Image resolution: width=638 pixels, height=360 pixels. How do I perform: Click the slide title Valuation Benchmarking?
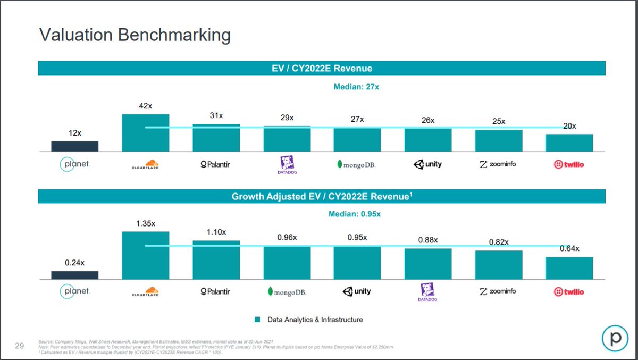pyautogui.click(x=135, y=35)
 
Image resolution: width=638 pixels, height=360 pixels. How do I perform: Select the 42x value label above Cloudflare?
pyautogui.click(x=146, y=106)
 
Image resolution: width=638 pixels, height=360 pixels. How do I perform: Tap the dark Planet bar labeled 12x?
pyautogui.click(x=75, y=146)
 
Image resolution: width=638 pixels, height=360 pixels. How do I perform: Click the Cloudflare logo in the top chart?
pyautogui.click(x=146, y=164)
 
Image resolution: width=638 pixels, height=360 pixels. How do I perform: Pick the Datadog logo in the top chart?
pyautogui.click(x=287, y=164)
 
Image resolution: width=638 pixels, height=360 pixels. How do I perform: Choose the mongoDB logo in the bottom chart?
pyautogui.click(x=287, y=291)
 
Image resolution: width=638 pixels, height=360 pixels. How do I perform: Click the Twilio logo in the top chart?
pyautogui.click(x=569, y=164)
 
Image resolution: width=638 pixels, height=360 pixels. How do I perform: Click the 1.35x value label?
pyautogui.click(x=146, y=223)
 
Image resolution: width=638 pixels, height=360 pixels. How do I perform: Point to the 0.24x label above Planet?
pyautogui.click(x=75, y=262)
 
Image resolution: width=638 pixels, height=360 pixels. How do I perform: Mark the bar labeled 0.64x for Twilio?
pyautogui.click(x=569, y=268)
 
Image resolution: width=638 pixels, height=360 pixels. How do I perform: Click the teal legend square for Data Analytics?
pyautogui.click(x=258, y=320)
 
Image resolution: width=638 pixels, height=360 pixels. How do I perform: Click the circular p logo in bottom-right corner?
pyautogui.click(x=615, y=338)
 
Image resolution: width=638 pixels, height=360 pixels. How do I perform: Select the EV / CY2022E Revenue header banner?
pyautogui.click(x=322, y=68)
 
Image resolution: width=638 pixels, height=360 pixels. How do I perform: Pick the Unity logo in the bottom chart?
pyautogui.click(x=357, y=291)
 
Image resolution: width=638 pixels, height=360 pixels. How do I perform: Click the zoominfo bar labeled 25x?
pyautogui.click(x=498, y=141)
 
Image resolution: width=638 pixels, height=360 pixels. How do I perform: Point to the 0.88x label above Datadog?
pyautogui.click(x=427, y=240)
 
